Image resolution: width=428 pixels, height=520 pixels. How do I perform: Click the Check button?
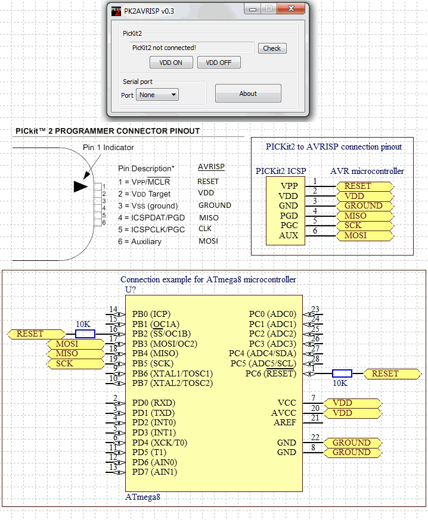(x=272, y=48)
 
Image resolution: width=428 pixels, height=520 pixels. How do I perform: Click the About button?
(x=248, y=94)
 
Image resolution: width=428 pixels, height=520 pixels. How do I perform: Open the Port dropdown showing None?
(x=157, y=95)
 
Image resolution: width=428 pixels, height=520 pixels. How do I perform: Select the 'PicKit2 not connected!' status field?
(x=192, y=48)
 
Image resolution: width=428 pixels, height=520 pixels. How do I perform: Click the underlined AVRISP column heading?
(x=211, y=167)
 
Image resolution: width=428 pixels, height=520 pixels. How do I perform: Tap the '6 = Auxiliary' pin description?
(x=139, y=241)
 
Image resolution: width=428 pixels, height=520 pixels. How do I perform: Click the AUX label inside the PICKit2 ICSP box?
(x=289, y=235)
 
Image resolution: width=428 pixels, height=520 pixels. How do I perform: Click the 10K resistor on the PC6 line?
(x=342, y=373)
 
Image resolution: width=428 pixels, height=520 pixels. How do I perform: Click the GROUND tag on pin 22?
(x=352, y=443)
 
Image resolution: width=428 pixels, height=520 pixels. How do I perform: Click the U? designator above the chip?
(x=131, y=289)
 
